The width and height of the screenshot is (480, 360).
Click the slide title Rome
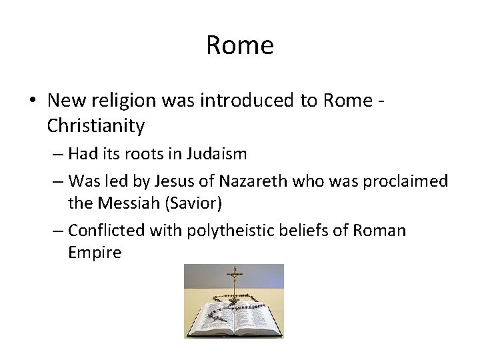(239, 45)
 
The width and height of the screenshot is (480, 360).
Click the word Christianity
(96, 125)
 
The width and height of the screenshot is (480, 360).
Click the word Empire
(95, 252)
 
